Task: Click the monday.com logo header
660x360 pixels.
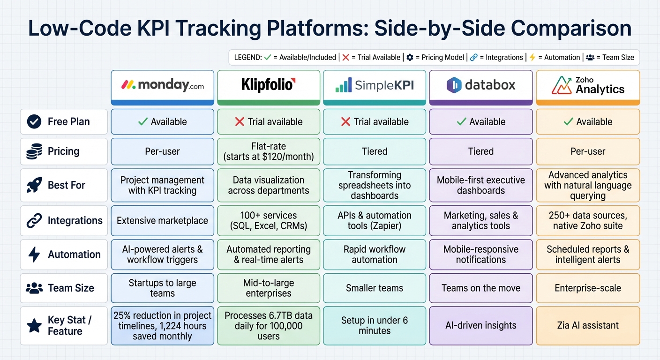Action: tap(162, 85)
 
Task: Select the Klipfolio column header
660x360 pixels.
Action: tap(268, 85)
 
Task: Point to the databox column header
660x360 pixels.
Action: tap(481, 85)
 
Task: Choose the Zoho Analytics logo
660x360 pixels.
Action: tap(588, 85)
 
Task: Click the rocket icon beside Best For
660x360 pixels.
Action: tap(34, 185)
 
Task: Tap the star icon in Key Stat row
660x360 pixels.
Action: tap(34, 326)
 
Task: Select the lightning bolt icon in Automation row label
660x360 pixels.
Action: tap(34, 255)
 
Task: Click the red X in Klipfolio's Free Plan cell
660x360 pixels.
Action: tap(240, 122)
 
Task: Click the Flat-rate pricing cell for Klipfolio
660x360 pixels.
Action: tap(268, 151)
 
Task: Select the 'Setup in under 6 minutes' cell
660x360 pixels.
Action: tap(374, 325)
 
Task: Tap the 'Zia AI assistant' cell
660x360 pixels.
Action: tap(588, 325)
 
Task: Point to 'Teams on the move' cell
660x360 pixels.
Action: tap(481, 288)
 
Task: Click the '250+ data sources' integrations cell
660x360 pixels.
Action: tap(588, 221)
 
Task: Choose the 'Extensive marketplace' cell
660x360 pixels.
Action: tap(162, 221)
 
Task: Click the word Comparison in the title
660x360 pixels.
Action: tap(571, 28)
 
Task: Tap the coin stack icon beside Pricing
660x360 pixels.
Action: tap(34, 151)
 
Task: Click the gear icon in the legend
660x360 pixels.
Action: tap(410, 58)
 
